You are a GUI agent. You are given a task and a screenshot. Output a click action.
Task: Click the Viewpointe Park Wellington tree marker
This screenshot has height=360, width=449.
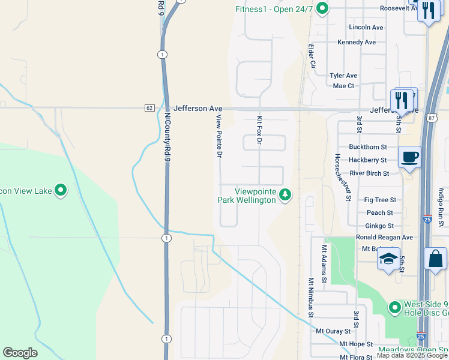point(285,194)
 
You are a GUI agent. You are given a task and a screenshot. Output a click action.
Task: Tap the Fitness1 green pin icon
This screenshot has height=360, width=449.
point(322,8)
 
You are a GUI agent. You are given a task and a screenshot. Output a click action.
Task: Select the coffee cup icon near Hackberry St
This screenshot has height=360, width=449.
point(409,157)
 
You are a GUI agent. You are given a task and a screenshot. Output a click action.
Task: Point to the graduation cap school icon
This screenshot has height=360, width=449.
point(388,259)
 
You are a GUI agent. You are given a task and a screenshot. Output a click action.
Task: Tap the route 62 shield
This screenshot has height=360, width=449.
point(149,108)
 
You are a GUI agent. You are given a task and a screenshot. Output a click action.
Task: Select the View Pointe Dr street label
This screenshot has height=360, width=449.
point(220,136)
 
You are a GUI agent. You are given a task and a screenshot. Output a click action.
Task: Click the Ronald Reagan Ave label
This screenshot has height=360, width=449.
point(384,238)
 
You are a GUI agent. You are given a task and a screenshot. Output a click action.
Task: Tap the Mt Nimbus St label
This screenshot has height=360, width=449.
point(311,297)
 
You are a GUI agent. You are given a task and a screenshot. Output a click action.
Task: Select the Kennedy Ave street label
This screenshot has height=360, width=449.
point(357,43)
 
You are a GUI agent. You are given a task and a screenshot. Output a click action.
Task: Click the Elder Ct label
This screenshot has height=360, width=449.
point(312,55)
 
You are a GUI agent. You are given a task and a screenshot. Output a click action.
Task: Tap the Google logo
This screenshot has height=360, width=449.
point(20,353)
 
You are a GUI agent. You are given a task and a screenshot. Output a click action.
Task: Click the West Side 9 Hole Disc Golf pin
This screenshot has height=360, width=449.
point(394,308)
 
